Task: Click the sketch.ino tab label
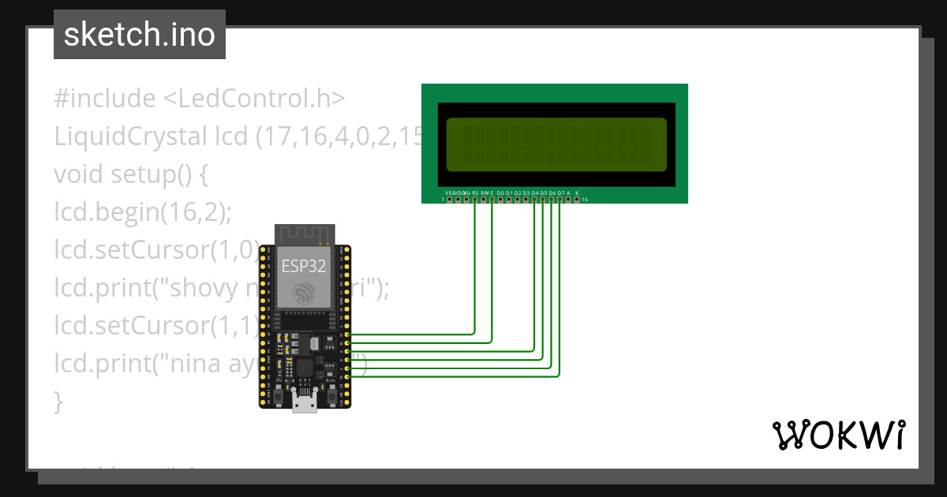(x=140, y=35)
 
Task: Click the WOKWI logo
(x=838, y=435)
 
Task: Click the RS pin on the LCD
(x=475, y=199)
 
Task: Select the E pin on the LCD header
(x=492, y=199)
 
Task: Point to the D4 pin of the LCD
(x=535, y=199)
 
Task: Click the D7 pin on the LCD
(x=560, y=199)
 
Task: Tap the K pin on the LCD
(x=578, y=199)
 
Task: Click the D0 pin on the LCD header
(x=501, y=199)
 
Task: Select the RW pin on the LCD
(x=484, y=199)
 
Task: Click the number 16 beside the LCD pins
(x=585, y=200)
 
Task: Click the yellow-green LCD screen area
(x=556, y=145)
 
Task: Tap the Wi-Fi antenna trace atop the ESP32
(x=304, y=235)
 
